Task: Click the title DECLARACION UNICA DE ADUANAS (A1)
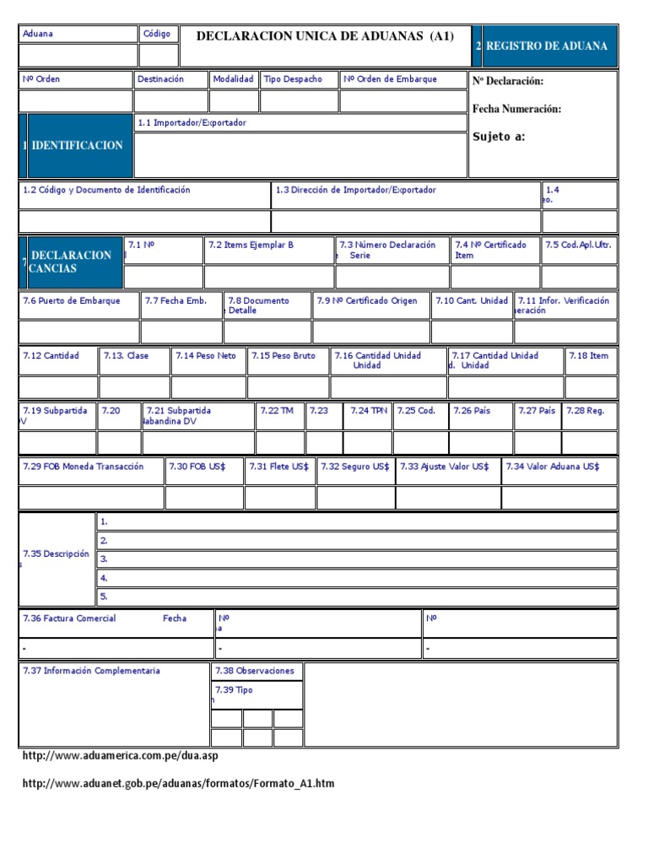325,35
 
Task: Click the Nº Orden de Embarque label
390,79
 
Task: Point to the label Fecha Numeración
516,109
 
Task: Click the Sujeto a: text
499,137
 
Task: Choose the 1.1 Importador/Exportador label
192,122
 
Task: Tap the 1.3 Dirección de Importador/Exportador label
356,190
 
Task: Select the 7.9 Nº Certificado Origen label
367,300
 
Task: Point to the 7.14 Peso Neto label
206,355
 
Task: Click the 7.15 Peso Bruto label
283,355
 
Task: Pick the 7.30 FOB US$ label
192,466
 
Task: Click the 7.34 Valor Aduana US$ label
553,466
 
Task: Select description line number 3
104,559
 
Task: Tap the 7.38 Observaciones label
255,671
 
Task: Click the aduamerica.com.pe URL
120,756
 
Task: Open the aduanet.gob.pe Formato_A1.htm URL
178,783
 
